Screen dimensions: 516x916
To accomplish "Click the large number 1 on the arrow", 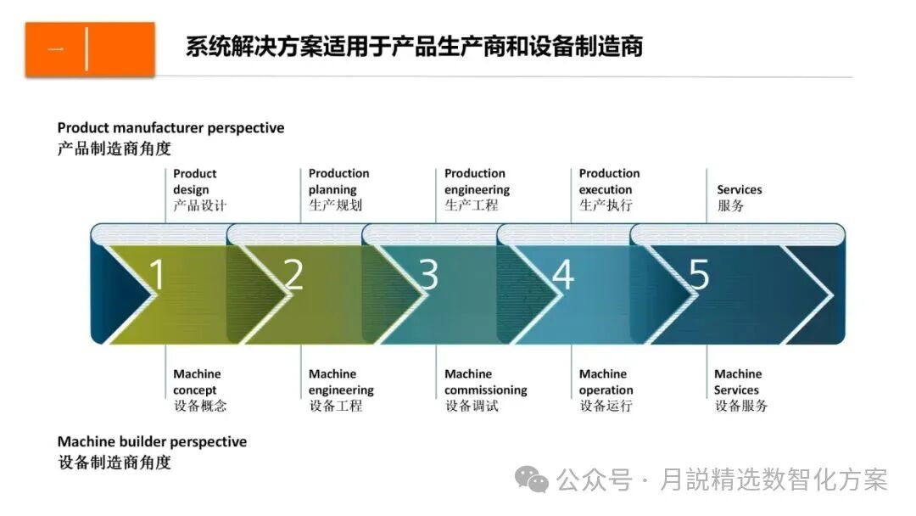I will (157, 274).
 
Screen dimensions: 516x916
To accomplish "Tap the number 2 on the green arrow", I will (293, 274).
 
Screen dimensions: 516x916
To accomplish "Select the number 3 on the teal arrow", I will (428, 274).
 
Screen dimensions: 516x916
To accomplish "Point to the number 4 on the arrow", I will (563, 274).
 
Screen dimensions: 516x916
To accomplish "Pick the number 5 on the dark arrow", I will (698, 274).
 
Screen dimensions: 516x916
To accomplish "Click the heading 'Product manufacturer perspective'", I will (170, 128).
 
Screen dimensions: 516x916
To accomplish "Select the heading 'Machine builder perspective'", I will (152, 442).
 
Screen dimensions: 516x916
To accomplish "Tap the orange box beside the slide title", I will (90, 49).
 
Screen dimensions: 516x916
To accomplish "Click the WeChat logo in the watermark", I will (535, 480).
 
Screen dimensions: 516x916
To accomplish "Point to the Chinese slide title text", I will (414, 47).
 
